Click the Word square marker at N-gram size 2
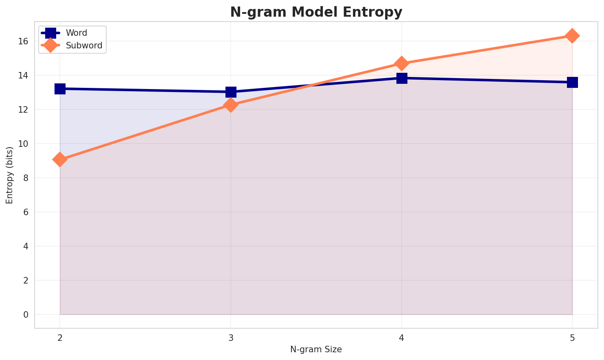pyautogui.click(x=60, y=89)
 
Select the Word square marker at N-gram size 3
pyautogui.click(x=231, y=92)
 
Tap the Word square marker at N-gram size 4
pyautogui.click(x=402, y=78)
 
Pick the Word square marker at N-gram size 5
pyautogui.click(x=572, y=82)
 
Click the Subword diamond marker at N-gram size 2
pyautogui.click(x=60, y=159)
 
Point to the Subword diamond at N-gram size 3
pyautogui.click(x=231, y=105)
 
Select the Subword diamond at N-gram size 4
pyautogui.click(x=402, y=63)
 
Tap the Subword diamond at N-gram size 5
pyautogui.click(x=572, y=36)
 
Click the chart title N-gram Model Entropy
pyautogui.click(x=316, y=12)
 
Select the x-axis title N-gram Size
pyautogui.click(x=316, y=349)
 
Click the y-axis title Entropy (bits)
pyautogui.click(x=9, y=175)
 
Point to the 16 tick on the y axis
pyautogui.click(x=23, y=41)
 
